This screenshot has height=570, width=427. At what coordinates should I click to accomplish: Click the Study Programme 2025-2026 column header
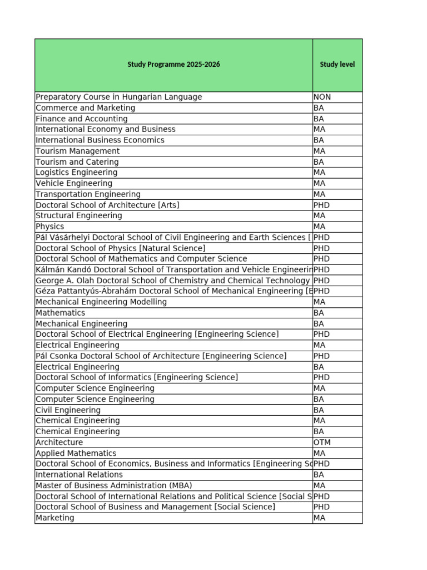point(173,65)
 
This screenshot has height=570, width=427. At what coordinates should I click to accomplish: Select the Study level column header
point(337,65)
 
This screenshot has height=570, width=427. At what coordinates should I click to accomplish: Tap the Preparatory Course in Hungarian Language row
point(119,97)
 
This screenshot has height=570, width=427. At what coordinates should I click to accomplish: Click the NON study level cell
point(322,97)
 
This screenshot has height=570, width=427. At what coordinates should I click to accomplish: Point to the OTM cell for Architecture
point(322,443)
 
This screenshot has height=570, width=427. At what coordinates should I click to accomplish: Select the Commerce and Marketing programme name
point(86,108)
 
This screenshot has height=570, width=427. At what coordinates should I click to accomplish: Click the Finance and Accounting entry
point(82,119)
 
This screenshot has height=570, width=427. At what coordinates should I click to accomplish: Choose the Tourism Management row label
point(78,151)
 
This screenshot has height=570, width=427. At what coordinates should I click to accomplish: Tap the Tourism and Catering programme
point(77,162)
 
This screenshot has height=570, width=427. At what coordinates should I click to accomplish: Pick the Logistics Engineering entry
point(77,173)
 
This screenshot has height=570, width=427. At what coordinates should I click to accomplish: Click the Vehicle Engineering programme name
point(74,183)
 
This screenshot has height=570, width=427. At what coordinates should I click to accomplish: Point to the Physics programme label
point(50,227)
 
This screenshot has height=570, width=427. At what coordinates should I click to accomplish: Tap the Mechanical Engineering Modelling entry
point(101,302)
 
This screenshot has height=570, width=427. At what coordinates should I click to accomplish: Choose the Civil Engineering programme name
point(68,410)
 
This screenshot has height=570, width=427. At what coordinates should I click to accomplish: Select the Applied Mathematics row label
point(76,453)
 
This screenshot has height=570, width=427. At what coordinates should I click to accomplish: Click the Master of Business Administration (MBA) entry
point(114,485)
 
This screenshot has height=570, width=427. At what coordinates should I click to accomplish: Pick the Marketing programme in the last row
point(55,518)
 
